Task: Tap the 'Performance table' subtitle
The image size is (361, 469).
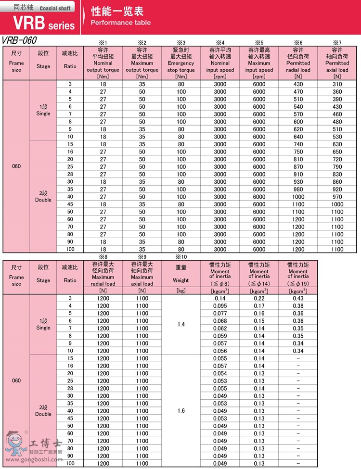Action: pos(120,23)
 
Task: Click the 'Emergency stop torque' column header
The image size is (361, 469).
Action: pos(181,63)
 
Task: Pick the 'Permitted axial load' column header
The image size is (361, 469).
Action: pos(337,63)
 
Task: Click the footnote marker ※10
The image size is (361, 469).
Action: pos(181,257)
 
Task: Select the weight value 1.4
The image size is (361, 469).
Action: pos(181,325)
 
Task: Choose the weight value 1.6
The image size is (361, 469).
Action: pos(181,411)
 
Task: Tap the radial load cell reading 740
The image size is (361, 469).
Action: pos(298,144)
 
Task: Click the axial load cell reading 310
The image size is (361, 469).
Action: pos(337,84)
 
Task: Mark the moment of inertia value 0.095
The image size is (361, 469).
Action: pos(220,306)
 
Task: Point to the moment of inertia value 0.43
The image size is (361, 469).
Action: pos(298,298)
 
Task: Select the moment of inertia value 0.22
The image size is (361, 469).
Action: pos(259,298)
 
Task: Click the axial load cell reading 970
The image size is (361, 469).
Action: pos(337,197)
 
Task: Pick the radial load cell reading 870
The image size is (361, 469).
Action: pos(298,167)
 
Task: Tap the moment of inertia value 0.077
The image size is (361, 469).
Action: pos(220,313)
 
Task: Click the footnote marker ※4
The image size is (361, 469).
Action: pos(220,43)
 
